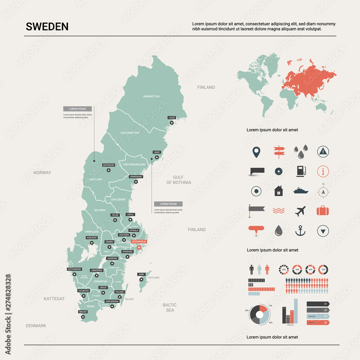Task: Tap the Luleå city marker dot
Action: (x=172, y=123)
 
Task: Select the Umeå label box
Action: (x=157, y=152)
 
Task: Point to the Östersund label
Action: (x=108, y=165)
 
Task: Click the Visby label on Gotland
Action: (x=141, y=274)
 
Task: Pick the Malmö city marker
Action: (x=83, y=317)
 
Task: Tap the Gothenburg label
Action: (x=75, y=269)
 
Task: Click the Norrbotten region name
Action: (x=151, y=96)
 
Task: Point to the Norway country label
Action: (x=42, y=173)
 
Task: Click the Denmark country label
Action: (x=36, y=326)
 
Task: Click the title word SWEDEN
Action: (x=47, y=27)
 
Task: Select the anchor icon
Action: (x=300, y=231)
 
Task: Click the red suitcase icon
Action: (x=323, y=211)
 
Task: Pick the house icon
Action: (x=278, y=191)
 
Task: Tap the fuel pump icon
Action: (x=301, y=171)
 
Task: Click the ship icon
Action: (x=301, y=191)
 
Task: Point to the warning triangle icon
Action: (x=323, y=152)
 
